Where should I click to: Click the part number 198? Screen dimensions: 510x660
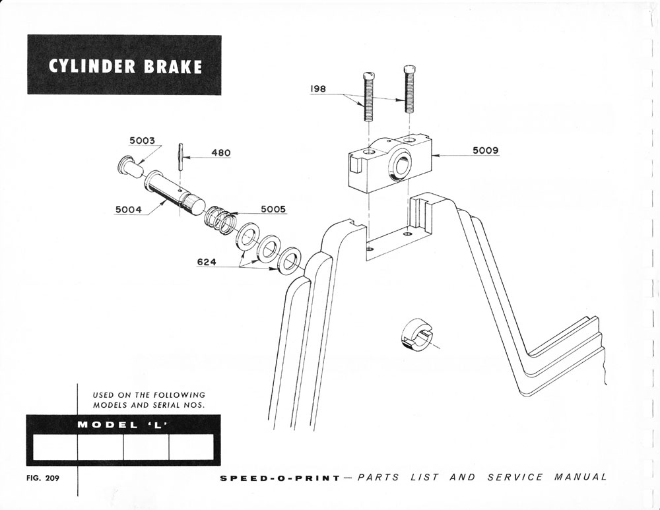pyautogui.click(x=319, y=88)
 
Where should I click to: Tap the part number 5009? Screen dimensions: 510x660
pyautogui.click(x=485, y=150)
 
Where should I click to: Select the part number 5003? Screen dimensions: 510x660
pyautogui.click(x=141, y=141)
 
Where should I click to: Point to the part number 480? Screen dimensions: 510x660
pyautogui.click(x=220, y=153)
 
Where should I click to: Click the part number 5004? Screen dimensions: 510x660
pyautogui.click(x=128, y=210)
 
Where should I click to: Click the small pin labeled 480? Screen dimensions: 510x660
pyautogui.click(x=180, y=157)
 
